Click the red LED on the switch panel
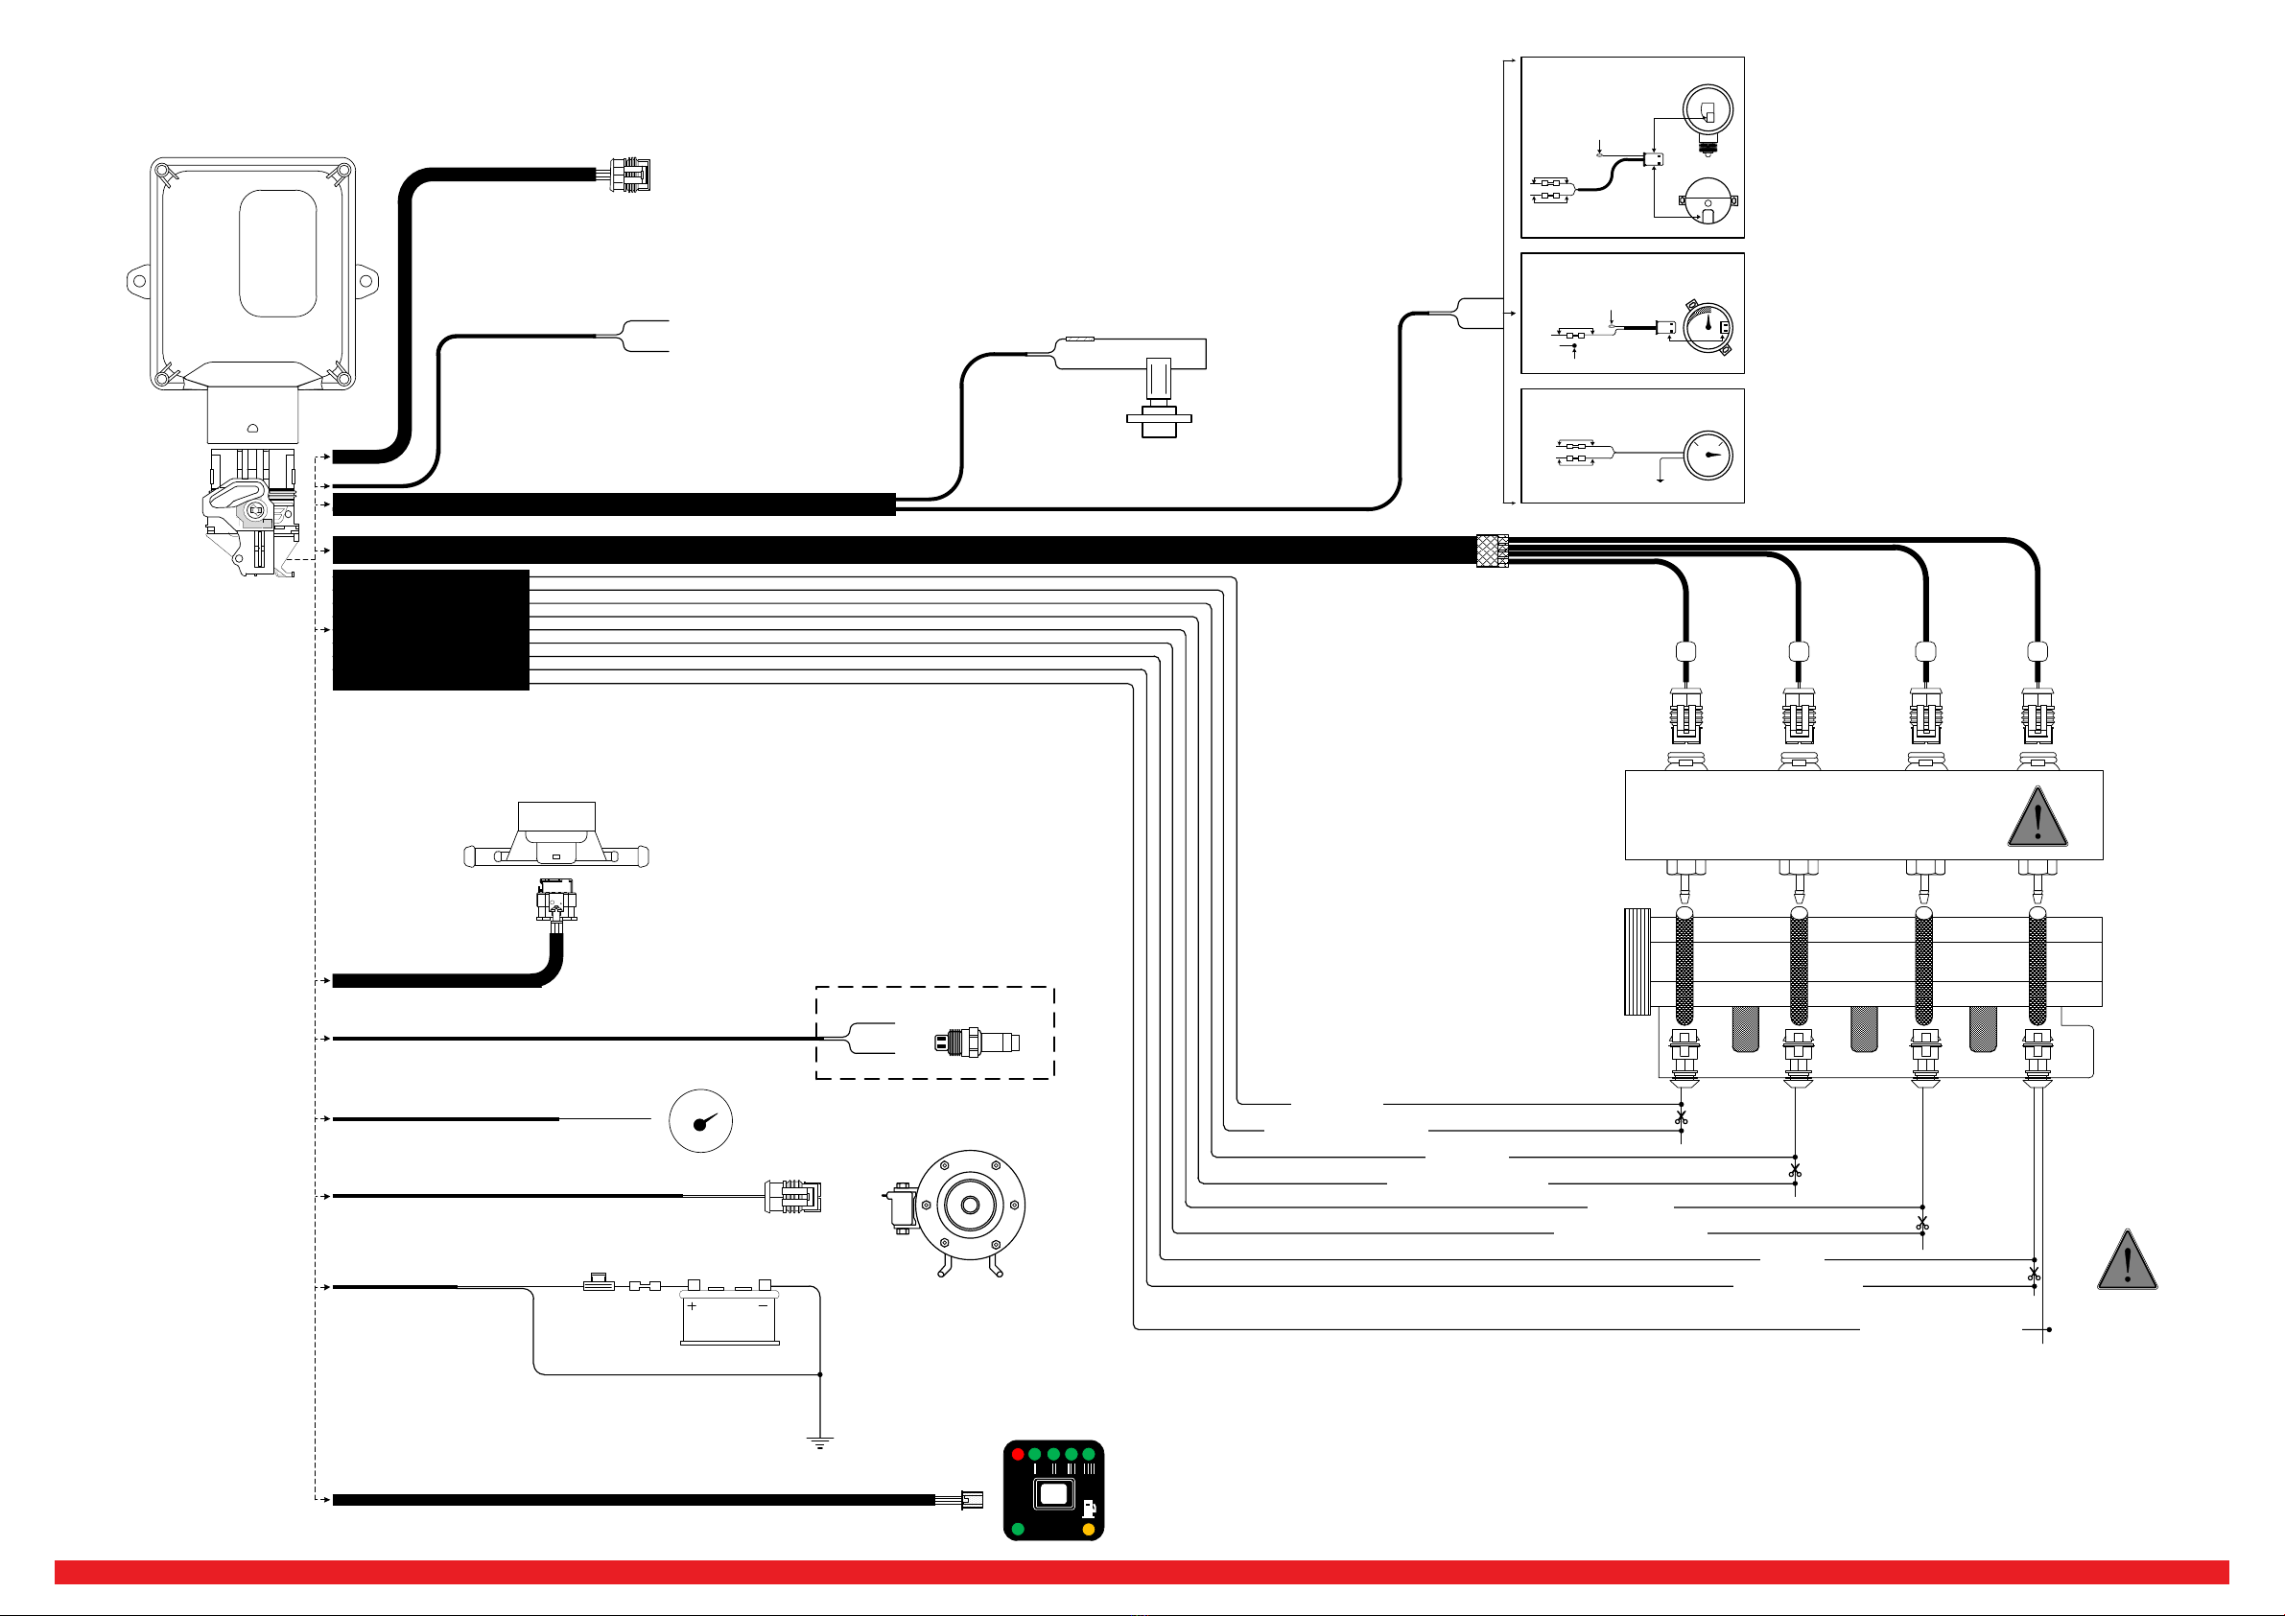[1017, 1454]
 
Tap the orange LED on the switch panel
[1088, 1529]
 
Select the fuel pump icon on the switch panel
[1089, 1509]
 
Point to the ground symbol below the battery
[819, 1442]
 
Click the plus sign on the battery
[692, 1305]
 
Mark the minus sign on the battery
[764, 1305]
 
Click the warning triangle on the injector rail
[2038, 818]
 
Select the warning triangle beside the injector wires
[2127, 1262]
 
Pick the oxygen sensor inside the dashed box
[977, 1042]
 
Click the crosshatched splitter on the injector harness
[1492, 550]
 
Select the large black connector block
[430, 629]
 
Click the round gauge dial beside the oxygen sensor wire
[700, 1120]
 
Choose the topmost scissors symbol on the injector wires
[1681, 1118]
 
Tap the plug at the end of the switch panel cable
[972, 1500]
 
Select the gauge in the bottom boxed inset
[1708, 455]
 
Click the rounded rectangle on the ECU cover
[277, 253]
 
